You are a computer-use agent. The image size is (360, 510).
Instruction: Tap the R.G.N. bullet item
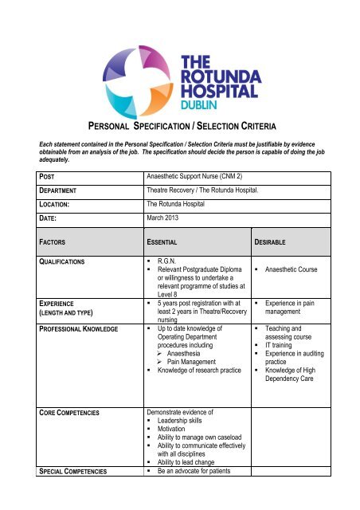tap(163, 261)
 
